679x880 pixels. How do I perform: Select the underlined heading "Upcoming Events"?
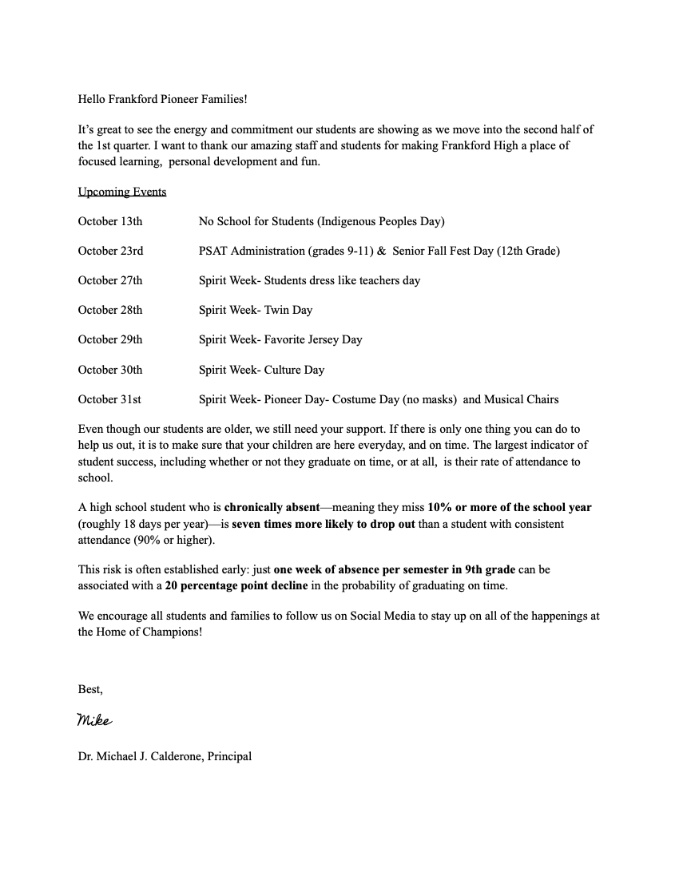(122, 192)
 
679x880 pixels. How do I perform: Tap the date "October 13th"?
(110, 221)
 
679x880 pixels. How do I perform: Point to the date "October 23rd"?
(110, 251)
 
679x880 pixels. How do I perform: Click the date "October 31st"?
(109, 399)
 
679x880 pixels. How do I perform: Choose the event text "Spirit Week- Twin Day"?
(256, 310)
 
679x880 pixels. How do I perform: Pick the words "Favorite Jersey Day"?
(313, 339)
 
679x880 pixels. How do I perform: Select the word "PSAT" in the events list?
(214, 251)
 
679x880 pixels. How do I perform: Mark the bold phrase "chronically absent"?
(272, 507)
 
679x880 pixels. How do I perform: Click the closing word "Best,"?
(90, 688)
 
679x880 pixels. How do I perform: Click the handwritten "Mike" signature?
(94, 720)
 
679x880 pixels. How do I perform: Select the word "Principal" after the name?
(229, 755)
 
